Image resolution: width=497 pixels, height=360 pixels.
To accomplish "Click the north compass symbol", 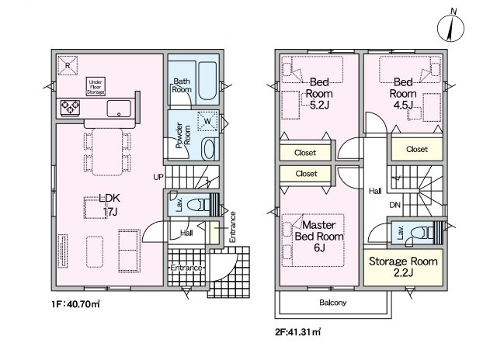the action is tap(450, 28).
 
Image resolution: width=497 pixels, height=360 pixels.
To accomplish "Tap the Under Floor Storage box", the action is tap(96, 87).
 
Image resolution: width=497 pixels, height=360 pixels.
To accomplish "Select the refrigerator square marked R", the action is tap(68, 65).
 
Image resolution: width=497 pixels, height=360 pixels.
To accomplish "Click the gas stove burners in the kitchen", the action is tap(70, 107).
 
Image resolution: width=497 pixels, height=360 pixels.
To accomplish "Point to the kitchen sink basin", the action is tap(119, 109).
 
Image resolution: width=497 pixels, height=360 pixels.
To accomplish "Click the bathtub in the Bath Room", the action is tap(207, 81).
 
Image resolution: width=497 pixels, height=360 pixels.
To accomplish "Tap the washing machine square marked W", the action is tap(207, 121).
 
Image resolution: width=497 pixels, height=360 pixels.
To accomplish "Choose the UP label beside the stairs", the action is tap(158, 177).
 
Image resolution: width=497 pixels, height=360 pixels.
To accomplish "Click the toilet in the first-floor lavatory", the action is tap(198, 205).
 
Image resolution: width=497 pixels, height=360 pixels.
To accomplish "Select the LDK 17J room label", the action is tap(109, 205).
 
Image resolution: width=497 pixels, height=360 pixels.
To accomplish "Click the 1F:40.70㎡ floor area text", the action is tap(76, 304).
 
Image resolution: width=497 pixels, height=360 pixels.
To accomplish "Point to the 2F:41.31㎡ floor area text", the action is tap(298, 332).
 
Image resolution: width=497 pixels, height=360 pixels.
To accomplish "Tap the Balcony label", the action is tap(333, 303).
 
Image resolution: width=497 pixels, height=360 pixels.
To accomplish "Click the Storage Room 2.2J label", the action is tap(403, 267).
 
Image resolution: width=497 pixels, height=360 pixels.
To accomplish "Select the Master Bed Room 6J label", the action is tap(319, 236).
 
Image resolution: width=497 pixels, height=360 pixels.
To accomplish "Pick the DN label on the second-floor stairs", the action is tap(395, 205).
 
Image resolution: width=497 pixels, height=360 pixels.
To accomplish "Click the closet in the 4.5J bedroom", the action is tap(417, 149).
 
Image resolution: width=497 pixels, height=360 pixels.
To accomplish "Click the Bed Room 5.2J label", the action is tap(319, 93).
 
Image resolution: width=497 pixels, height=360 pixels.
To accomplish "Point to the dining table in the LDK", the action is tap(107, 152).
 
